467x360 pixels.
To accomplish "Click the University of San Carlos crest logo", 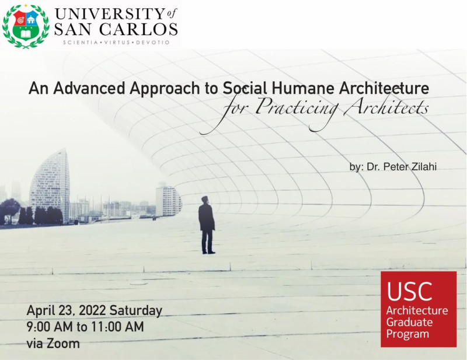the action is point(26,26).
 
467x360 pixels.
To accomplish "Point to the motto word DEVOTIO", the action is point(153,43).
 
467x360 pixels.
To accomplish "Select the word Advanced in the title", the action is point(89,88).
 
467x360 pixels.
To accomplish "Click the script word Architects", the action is point(386,107).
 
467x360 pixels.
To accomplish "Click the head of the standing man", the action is point(205,200).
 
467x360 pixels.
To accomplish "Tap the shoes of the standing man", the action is point(208,252).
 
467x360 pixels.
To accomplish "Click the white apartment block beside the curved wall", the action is point(168,200).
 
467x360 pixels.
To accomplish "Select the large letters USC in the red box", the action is point(410,291).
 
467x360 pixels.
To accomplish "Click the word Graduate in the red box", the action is point(410,322).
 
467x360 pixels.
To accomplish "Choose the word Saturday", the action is point(136,310).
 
